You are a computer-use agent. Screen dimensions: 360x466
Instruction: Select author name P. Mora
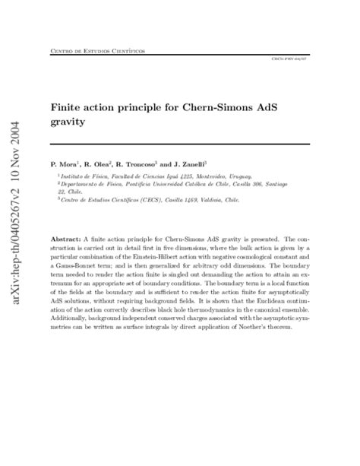coord(66,163)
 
